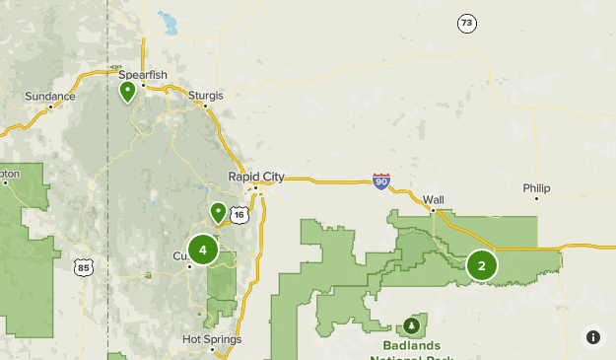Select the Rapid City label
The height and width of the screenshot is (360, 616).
tap(255, 177)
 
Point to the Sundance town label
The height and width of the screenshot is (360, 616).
tap(49, 97)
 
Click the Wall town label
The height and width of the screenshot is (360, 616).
tap(434, 199)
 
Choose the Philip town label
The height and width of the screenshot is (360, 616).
tap(537, 187)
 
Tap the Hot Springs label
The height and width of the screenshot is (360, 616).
tap(212, 339)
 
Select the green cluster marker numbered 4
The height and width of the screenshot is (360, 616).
tap(203, 250)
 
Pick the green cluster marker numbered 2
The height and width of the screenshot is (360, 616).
tap(482, 264)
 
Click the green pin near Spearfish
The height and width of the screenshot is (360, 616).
tap(127, 92)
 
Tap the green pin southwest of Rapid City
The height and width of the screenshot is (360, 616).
tap(218, 211)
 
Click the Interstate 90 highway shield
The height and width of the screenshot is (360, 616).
tap(382, 181)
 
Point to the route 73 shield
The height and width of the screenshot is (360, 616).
tap(466, 23)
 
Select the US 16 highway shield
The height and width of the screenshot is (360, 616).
tap(239, 214)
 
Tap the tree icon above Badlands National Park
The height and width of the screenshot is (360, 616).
tap(411, 326)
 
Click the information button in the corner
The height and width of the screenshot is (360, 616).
tap(593, 337)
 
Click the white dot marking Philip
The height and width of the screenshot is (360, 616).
tap(537, 199)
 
